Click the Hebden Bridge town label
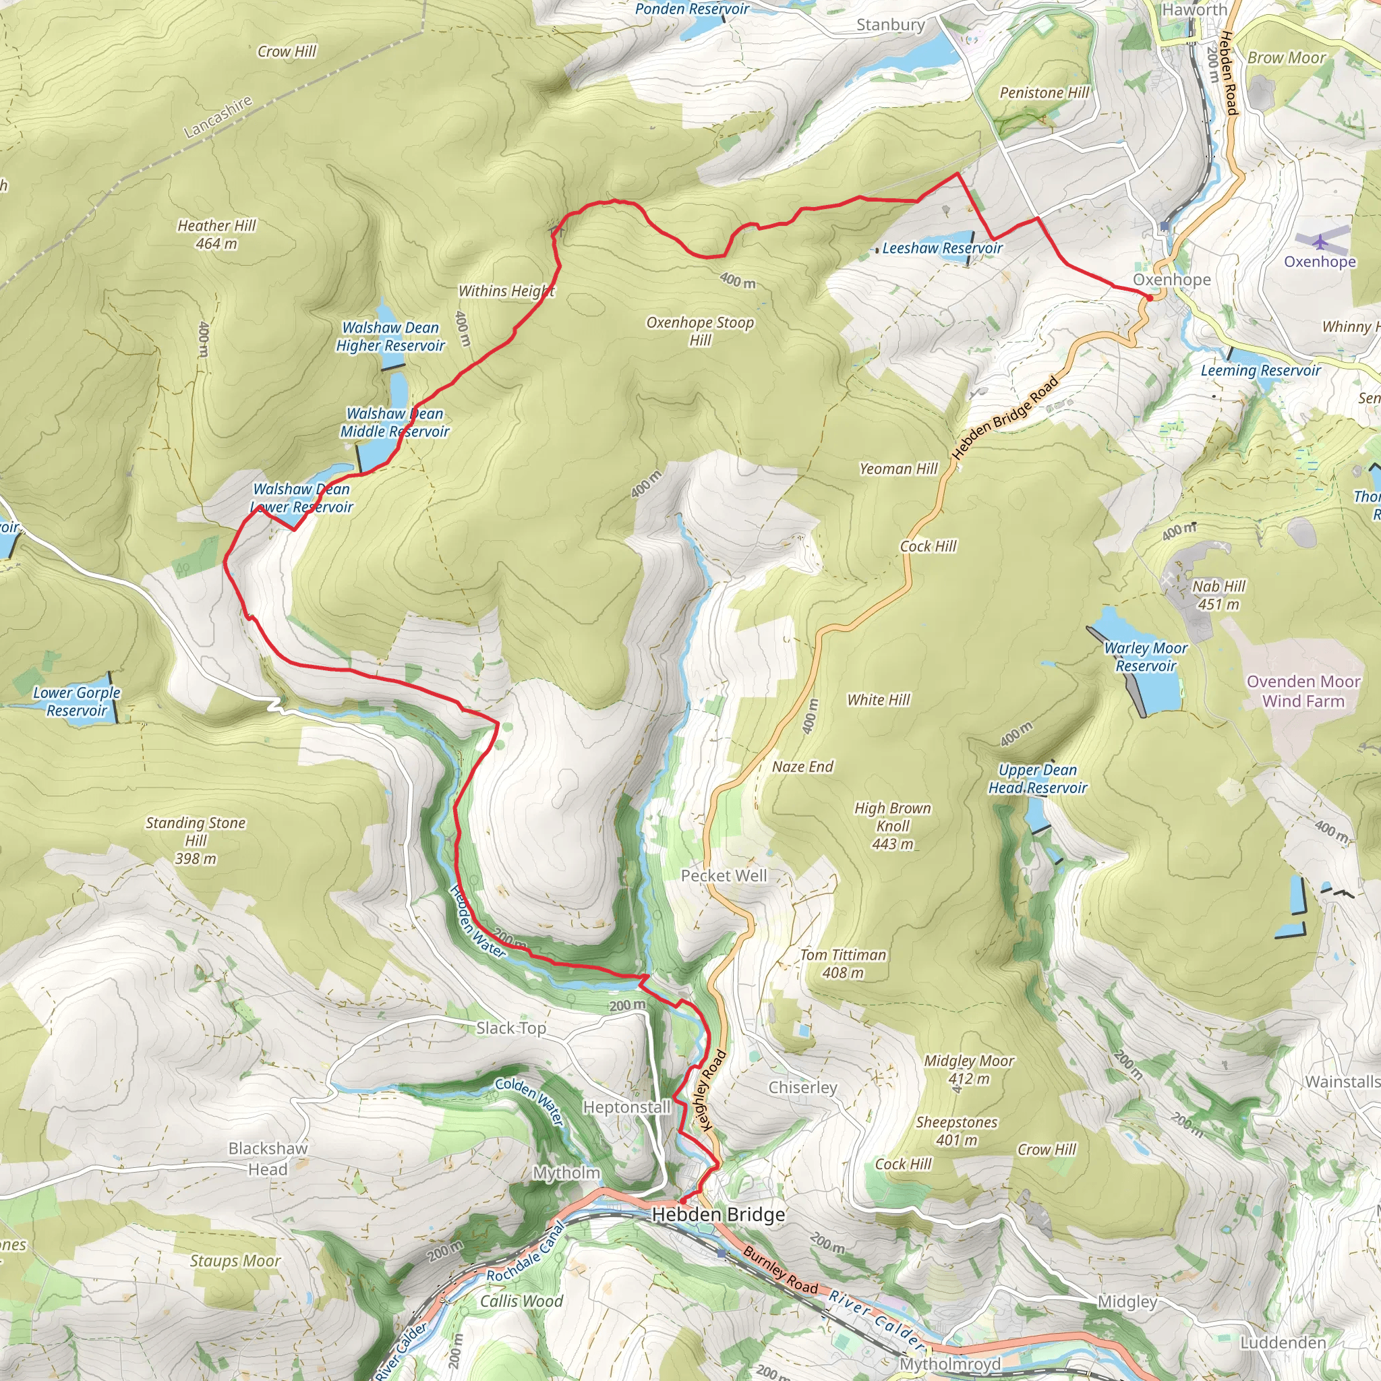[x=717, y=1214]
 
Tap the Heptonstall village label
[x=626, y=1107]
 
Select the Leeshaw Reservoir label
[x=941, y=248]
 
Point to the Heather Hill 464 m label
[x=216, y=235]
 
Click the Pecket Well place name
[x=724, y=876]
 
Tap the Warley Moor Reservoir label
[x=1145, y=657]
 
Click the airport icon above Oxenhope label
[x=1320, y=241]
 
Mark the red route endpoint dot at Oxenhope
[x=1148, y=297]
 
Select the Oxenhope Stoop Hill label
[x=700, y=331]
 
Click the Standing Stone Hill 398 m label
[x=195, y=841]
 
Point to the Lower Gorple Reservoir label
[x=76, y=701]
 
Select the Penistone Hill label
[x=1044, y=93]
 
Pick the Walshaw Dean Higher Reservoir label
[x=390, y=336]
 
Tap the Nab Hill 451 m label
[x=1218, y=595]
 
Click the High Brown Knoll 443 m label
[x=892, y=825]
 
